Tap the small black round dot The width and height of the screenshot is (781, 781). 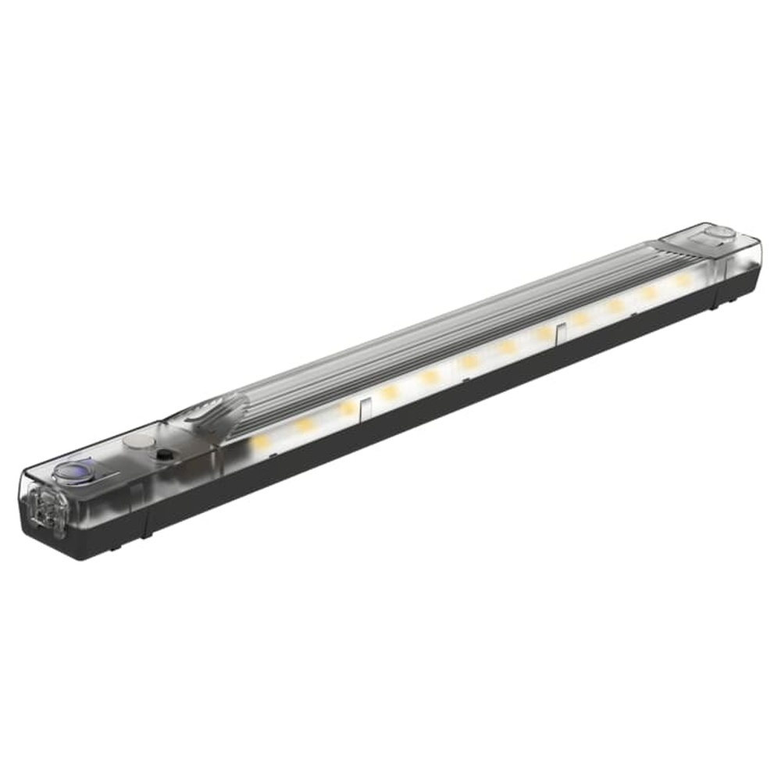coord(164,455)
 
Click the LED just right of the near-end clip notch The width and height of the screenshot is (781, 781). coord(389,392)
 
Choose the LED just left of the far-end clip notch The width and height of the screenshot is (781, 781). coord(542,333)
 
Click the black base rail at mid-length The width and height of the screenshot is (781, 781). coord(430,406)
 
